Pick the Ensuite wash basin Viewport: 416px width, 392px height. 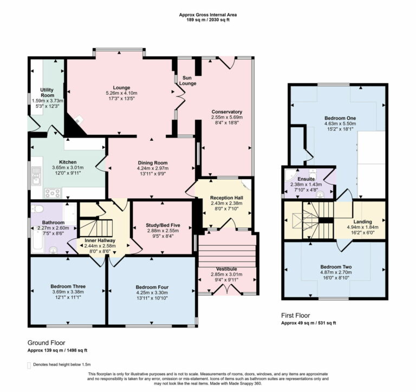(x=320, y=194)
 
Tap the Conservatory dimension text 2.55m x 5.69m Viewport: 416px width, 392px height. (x=226, y=117)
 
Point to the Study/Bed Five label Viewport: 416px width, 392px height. (x=162, y=225)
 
